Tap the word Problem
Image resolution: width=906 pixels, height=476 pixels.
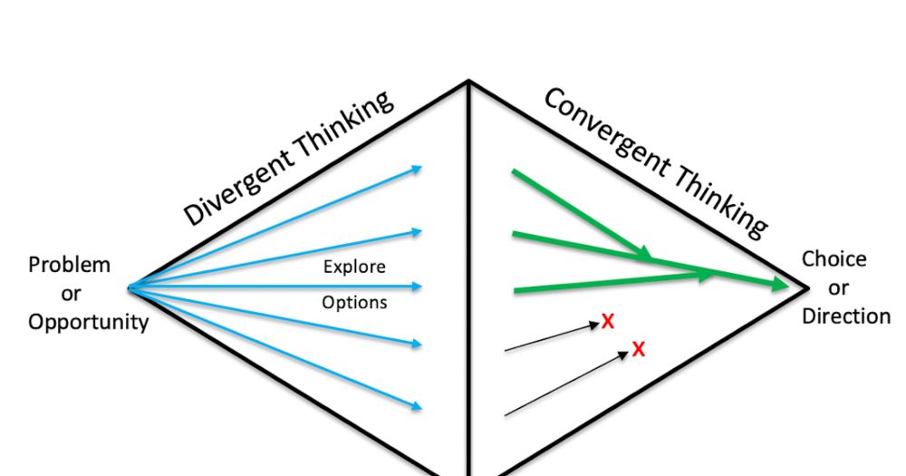[x=70, y=266]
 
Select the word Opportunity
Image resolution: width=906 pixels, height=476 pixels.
[x=88, y=322]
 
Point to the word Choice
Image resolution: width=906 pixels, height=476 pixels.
[x=834, y=259]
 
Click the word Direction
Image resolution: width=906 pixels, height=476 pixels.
[x=845, y=316]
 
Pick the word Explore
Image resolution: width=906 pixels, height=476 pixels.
[x=354, y=267]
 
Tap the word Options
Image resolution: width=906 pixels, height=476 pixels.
[x=354, y=302]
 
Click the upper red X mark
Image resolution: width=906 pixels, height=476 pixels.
[x=608, y=320]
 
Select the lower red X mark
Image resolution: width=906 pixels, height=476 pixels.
[x=639, y=349]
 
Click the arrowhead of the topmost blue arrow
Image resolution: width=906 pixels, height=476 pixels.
[x=418, y=168]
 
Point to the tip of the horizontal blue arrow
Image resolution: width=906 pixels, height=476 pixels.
[x=419, y=287]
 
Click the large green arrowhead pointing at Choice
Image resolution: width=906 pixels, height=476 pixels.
[x=779, y=285]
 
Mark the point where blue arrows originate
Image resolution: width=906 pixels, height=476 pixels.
[x=130, y=287]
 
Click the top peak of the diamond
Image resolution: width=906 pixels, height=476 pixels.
[x=468, y=82]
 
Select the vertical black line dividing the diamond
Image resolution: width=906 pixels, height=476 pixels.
[x=468, y=272]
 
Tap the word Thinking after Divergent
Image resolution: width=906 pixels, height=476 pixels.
[x=350, y=126]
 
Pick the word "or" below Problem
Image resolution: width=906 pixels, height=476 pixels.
[x=70, y=294]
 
